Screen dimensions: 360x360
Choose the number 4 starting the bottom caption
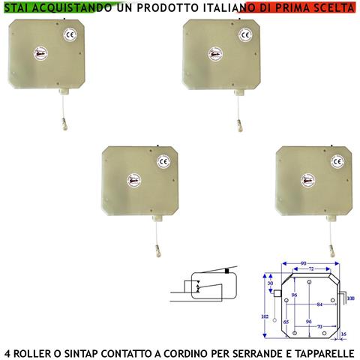pyautogui.click(x=7, y=351)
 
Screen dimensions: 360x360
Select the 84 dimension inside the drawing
pyautogui.click(x=320, y=304)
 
